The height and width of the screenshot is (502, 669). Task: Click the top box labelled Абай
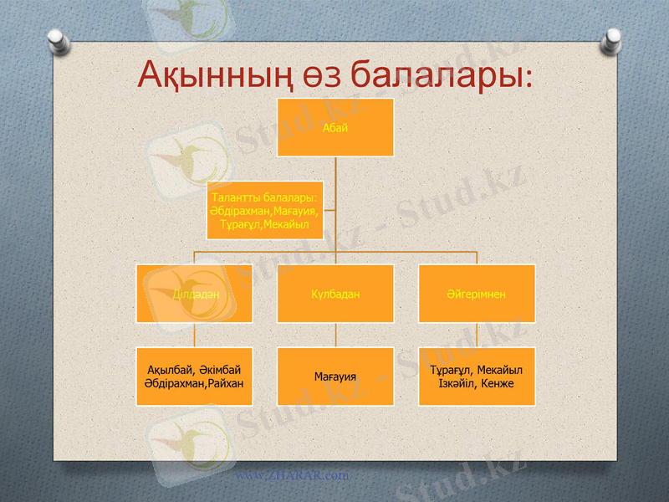point(335,127)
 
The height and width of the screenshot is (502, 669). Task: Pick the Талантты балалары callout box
point(265,210)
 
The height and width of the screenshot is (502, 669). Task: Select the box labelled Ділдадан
point(195,294)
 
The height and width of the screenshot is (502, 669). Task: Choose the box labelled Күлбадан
point(335,294)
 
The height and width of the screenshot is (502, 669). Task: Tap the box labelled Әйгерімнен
point(477,294)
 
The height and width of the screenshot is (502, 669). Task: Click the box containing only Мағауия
point(335,376)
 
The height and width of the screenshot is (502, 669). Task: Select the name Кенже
point(497,383)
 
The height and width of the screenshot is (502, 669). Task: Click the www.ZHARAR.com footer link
point(291,475)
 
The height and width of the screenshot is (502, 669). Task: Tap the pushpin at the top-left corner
point(56,38)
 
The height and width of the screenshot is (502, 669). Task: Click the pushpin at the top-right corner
point(613,38)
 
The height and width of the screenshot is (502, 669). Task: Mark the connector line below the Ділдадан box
point(195,335)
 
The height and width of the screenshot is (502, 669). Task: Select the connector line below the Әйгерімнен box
point(477,335)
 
